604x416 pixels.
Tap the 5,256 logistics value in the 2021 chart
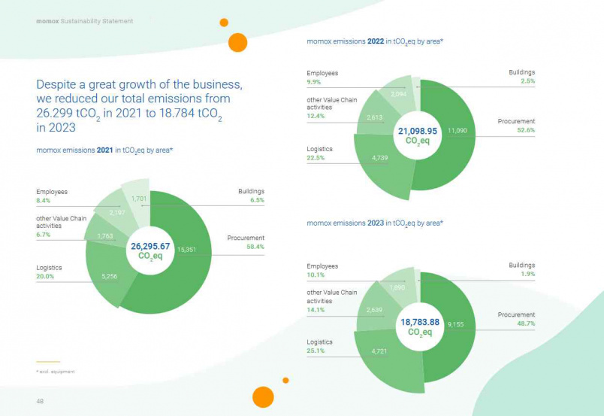[x=110, y=277]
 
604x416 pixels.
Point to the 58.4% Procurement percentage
[x=256, y=247]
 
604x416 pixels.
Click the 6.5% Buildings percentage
[x=256, y=201]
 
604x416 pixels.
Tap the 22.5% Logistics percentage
[x=316, y=157]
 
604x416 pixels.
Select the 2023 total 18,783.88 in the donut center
[x=418, y=322]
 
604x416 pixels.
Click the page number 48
[x=40, y=401]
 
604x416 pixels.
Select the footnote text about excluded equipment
[x=56, y=372]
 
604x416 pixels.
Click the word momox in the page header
[x=47, y=21]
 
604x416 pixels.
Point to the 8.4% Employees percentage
[x=44, y=201]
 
